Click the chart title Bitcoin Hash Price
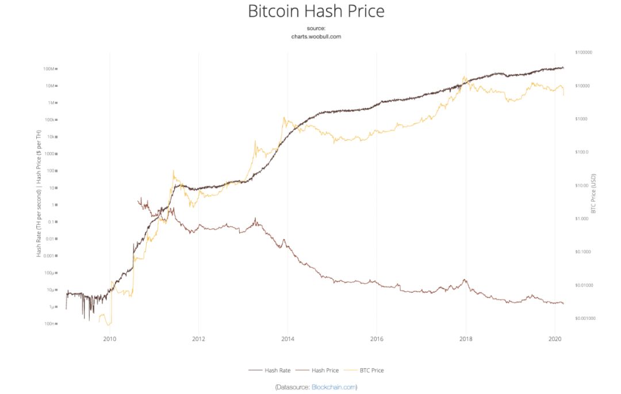[x=316, y=11]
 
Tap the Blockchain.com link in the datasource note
[x=333, y=387]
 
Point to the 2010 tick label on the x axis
[x=109, y=339]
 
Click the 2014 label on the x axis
[x=287, y=339]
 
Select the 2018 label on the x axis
[x=465, y=339]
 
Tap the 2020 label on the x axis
[x=554, y=339]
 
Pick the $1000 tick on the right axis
[x=581, y=119]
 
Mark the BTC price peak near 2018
[x=464, y=76]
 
